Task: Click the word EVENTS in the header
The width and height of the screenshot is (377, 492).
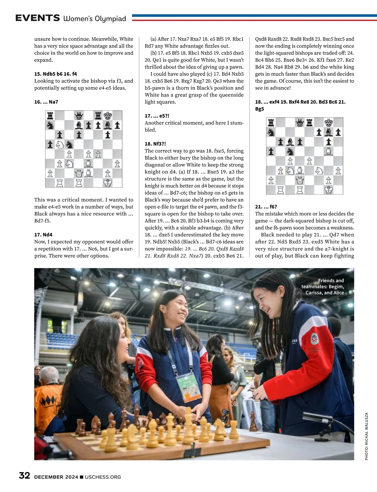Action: (x=37, y=18)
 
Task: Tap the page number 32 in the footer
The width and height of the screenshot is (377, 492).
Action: (x=25, y=476)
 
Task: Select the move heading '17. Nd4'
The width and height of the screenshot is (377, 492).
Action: (x=43, y=235)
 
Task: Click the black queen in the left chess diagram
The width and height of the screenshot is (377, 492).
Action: (x=79, y=115)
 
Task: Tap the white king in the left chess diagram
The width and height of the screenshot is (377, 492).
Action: (x=108, y=182)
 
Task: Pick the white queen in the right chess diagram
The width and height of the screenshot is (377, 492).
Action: (x=300, y=180)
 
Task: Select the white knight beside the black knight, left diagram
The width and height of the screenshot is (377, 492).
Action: (x=60, y=144)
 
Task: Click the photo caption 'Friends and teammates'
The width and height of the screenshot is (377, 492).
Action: (x=324, y=287)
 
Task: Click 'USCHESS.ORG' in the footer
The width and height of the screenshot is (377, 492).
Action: (x=103, y=477)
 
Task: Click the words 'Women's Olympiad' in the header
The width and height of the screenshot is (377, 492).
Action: (x=95, y=19)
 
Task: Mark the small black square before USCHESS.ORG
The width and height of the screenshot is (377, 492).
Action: (x=82, y=477)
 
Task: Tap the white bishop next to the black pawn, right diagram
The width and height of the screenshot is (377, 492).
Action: (x=329, y=151)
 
